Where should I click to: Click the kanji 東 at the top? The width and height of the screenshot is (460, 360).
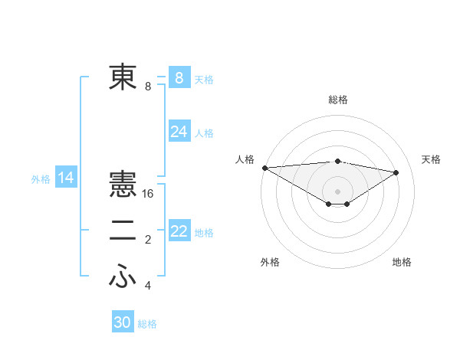tap(123, 77)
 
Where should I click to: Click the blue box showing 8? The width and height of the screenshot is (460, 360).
tap(179, 77)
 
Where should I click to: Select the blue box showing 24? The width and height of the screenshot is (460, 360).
tap(179, 132)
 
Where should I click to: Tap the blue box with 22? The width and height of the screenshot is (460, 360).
tap(179, 231)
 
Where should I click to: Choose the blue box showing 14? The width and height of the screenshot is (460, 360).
tap(66, 178)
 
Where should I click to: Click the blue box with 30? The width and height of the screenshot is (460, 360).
tap(123, 322)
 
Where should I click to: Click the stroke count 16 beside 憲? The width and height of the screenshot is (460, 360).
tap(149, 194)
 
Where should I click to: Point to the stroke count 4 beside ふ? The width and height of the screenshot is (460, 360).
tap(148, 286)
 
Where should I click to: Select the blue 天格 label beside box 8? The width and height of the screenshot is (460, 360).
tap(204, 79)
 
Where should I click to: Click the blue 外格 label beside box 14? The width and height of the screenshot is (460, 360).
tap(41, 179)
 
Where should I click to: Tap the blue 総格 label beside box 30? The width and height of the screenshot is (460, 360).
tap(148, 324)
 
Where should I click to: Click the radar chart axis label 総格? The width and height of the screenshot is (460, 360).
tap(337, 100)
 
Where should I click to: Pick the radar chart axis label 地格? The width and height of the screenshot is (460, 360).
tap(402, 262)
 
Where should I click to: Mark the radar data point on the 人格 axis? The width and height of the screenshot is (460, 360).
tap(264, 167)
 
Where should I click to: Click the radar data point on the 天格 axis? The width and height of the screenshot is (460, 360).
tap(396, 172)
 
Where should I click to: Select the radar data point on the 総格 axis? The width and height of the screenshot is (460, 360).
tap(337, 161)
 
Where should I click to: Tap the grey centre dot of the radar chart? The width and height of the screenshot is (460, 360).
tap(337, 190)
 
